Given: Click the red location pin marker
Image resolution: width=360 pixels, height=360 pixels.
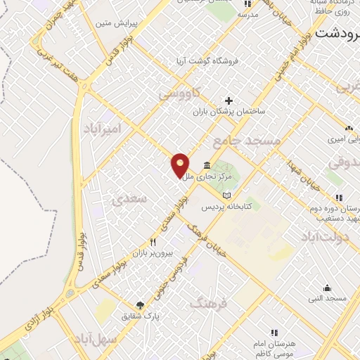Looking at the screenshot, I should tap(181, 165).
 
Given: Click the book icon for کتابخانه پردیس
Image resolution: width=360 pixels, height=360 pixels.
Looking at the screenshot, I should tap(226, 195).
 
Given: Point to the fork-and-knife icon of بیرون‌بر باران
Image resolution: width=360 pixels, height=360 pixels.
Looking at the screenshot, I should tap(143, 242).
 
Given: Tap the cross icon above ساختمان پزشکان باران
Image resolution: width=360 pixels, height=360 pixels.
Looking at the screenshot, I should tap(229, 100).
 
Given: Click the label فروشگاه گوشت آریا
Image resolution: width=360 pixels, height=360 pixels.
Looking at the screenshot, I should tap(207, 61).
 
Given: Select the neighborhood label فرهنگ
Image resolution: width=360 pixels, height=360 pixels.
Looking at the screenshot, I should tap(210, 304).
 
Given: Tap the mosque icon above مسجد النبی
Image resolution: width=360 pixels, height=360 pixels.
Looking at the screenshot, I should tap(327, 288).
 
